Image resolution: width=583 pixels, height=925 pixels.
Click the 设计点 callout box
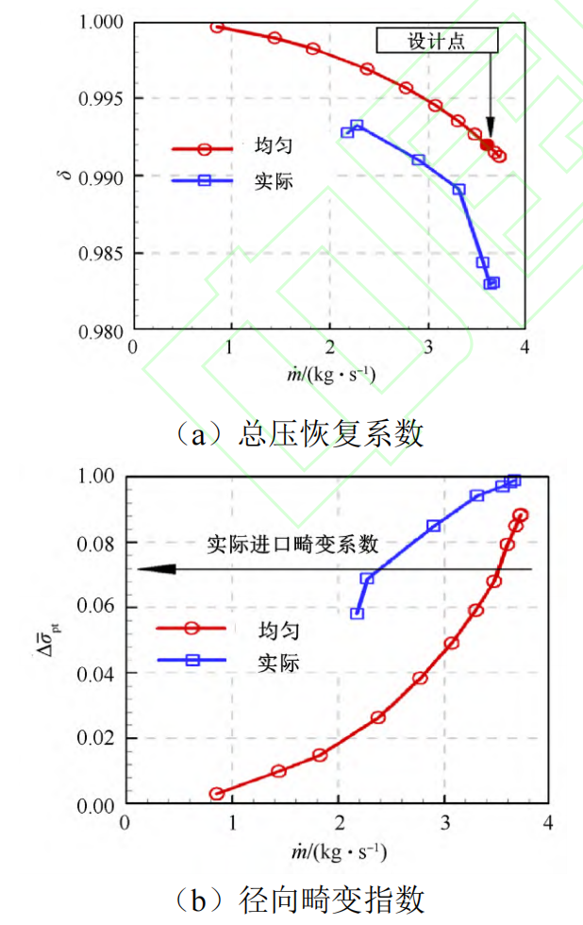click(x=436, y=40)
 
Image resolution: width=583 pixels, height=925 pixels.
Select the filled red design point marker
click(x=487, y=144)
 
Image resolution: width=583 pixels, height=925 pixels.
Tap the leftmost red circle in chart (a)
click(x=217, y=26)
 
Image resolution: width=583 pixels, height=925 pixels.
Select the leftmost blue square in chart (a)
click(x=347, y=132)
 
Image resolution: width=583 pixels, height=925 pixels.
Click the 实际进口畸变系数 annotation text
click(x=292, y=544)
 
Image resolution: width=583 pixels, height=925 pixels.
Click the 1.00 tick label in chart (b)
click(x=92, y=477)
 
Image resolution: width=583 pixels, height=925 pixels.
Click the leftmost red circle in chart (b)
click(x=217, y=794)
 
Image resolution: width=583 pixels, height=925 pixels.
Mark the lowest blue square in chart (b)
click(x=357, y=614)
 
